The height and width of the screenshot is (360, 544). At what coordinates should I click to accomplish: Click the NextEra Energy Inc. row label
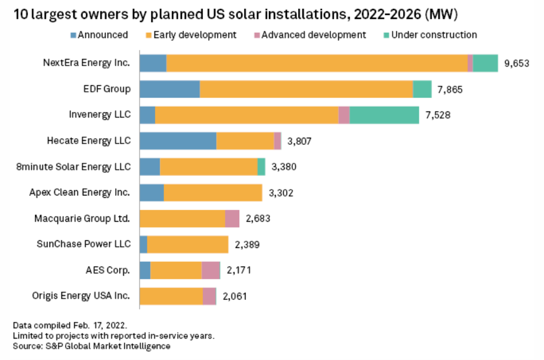click(x=86, y=63)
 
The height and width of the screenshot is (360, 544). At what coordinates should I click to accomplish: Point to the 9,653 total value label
click(x=517, y=64)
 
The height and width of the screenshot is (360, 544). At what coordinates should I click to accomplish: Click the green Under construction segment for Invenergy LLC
click(x=384, y=115)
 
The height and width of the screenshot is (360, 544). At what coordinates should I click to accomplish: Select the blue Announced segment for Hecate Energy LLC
click(x=178, y=141)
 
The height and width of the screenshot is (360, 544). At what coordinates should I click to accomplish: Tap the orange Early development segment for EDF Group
click(x=306, y=89)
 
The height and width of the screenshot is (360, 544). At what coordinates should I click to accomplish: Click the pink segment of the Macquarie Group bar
click(x=232, y=219)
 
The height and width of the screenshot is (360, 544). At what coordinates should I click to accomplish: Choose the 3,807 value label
click(x=299, y=141)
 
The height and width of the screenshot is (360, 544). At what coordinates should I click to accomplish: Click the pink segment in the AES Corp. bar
click(x=211, y=271)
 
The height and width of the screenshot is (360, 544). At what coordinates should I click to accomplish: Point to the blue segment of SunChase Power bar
click(x=143, y=244)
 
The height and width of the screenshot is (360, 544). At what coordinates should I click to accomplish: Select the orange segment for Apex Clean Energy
click(x=213, y=193)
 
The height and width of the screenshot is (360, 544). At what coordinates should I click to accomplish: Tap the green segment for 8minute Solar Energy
click(x=261, y=167)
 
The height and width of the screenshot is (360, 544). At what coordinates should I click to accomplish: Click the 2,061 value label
click(x=234, y=296)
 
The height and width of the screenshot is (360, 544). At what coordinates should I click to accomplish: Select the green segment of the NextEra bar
click(x=485, y=63)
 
